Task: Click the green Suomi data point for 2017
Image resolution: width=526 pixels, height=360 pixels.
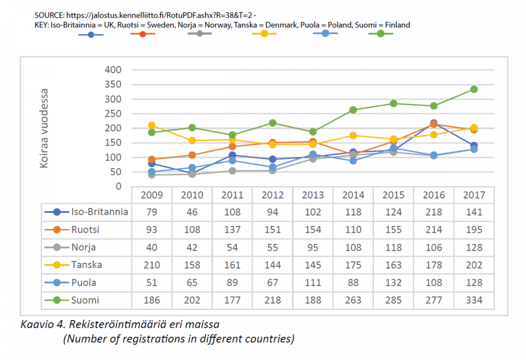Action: pos(474,89)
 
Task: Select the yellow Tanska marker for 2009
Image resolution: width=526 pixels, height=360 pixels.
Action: pos(151,126)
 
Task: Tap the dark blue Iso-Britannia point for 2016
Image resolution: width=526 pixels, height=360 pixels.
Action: pos(433,123)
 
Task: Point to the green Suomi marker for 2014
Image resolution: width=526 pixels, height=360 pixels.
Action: pos(353,110)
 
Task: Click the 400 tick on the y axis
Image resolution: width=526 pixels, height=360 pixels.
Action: pos(113,70)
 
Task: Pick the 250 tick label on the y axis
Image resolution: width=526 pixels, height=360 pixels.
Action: pos(113,114)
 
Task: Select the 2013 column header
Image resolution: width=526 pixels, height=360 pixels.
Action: pos(312,196)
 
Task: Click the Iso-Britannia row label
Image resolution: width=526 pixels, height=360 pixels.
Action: pos(99,212)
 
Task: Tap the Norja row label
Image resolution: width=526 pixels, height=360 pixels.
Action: pos(84,248)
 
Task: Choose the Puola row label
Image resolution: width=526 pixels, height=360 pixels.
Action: pos(85,283)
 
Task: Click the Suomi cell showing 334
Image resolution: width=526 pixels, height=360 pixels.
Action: pos(474,301)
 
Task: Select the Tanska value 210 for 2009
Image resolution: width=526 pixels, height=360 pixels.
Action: pos(151,265)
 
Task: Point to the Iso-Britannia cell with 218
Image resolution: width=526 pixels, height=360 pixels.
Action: pos(433,212)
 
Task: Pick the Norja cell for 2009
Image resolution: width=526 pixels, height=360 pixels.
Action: pos(151,248)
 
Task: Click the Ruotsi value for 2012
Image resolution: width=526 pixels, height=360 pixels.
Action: pos(272,230)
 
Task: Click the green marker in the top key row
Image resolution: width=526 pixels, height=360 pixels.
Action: pos(380,34)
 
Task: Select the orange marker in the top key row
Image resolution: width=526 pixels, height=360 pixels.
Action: pos(143,34)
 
